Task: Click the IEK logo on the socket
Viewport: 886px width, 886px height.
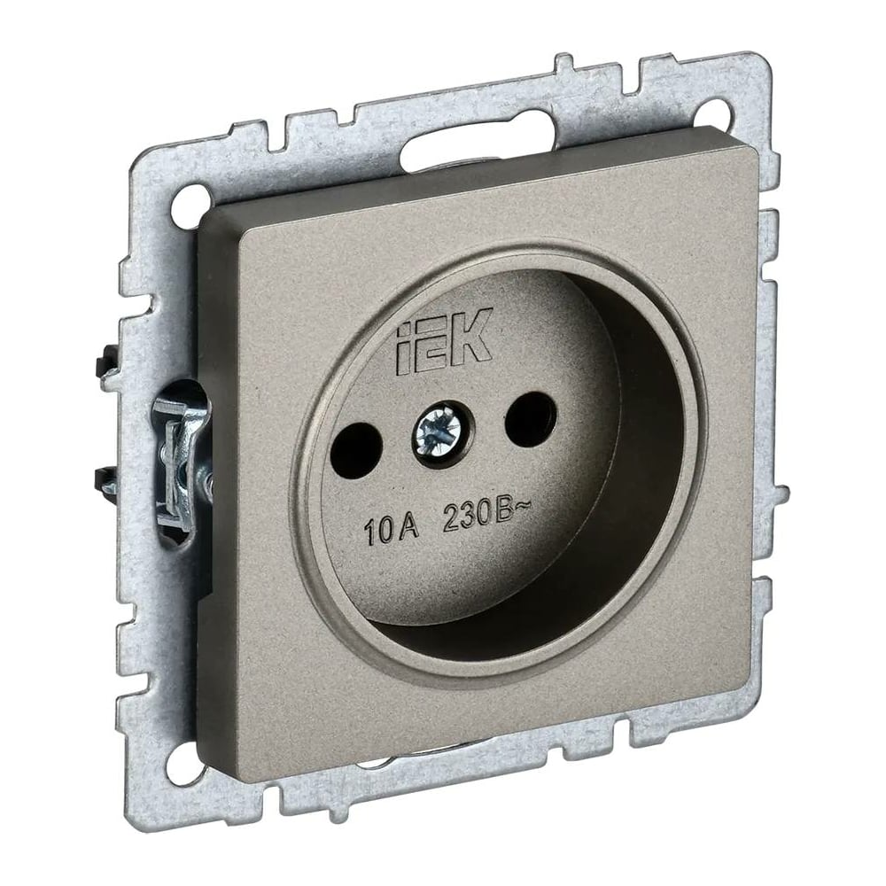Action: pyautogui.click(x=441, y=341)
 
